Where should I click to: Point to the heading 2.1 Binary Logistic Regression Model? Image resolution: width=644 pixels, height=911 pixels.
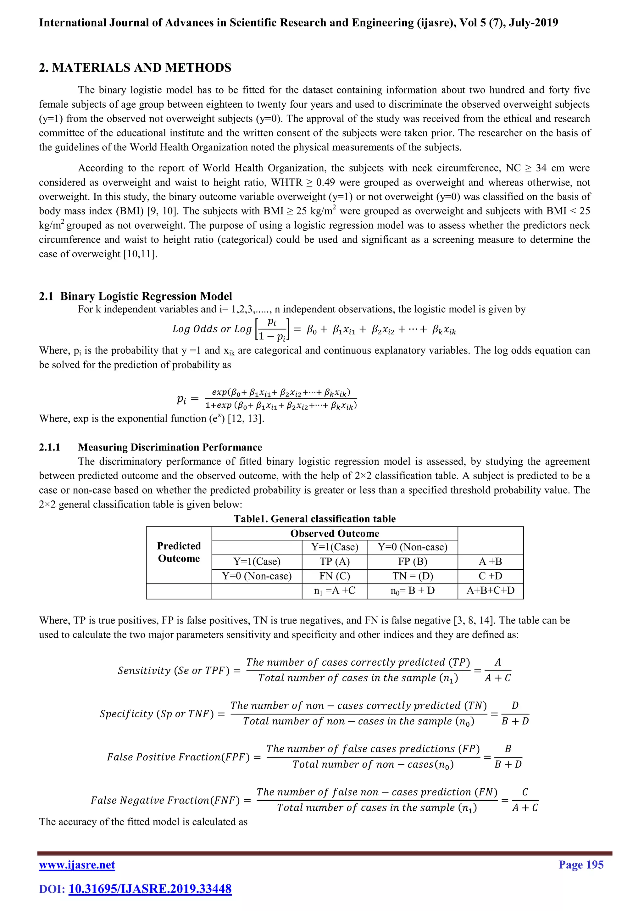tap(136, 296)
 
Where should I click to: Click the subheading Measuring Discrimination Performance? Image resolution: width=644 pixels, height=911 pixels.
tap(170, 447)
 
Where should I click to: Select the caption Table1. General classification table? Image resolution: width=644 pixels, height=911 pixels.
tap(314, 519)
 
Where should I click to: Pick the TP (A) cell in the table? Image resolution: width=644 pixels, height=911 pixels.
tap(335, 562)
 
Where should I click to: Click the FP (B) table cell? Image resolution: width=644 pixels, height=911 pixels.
tap(413, 562)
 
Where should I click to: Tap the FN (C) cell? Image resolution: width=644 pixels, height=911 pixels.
tap(335, 576)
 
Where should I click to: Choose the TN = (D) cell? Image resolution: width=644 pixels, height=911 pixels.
tap(413, 576)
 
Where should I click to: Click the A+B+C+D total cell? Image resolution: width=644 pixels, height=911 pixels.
tap(490, 590)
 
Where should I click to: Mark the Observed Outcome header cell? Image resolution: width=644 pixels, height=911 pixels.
tap(335, 533)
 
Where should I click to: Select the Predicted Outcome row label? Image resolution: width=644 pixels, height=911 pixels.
tap(179, 552)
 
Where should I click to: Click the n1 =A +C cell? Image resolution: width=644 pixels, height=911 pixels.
tap(335, 590)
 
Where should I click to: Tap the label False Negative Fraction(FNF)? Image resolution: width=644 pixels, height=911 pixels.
tap(165, 800)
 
